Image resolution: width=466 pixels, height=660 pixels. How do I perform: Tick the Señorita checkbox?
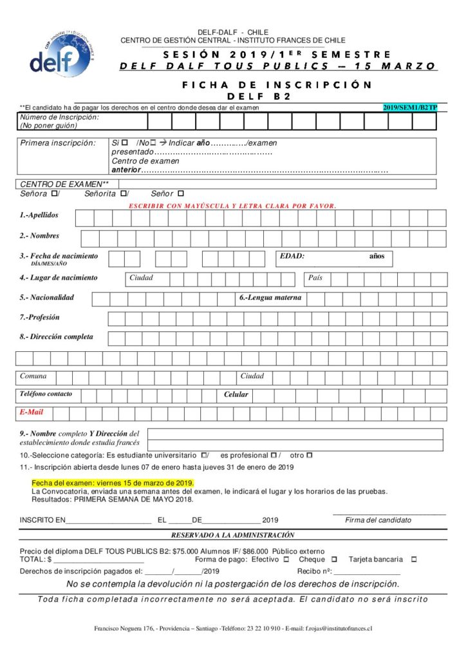(x=123, y=193)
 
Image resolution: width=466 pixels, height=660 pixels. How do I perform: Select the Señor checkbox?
(x=180, y=193)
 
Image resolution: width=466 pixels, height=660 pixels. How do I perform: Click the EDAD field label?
(x=292, y=257)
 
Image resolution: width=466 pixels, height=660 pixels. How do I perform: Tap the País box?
(x=315, y=278)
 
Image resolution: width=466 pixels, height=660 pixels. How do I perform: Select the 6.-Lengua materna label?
(x=270, y=298)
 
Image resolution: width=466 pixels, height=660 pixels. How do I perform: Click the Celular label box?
(x=236, y=394)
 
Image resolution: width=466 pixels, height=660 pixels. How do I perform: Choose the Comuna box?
(x=33, y=376)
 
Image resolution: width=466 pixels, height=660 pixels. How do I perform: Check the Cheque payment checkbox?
(x=334, y=559)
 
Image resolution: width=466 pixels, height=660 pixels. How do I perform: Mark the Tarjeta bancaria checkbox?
(x=413, y=559)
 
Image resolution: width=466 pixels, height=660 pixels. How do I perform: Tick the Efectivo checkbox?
(x=286, y=559)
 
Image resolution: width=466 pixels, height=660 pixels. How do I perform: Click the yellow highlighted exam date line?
(x=113, y=483)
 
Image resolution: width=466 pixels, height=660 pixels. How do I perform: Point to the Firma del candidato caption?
(x=378, y=520)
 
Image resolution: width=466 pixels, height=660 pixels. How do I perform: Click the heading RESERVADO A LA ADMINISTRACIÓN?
(x=232, y=535)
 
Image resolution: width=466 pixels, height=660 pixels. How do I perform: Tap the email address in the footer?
(x=339, y=628)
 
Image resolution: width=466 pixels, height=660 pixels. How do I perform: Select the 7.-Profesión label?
(x=39, y=317)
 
